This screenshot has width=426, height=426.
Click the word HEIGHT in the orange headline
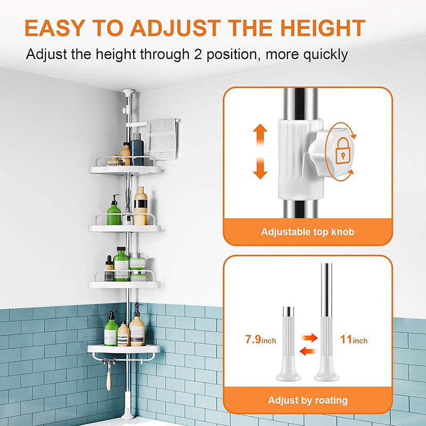coord(323,28)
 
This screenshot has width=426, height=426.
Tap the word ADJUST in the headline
coord(176,28)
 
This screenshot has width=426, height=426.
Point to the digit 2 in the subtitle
coord(198,54)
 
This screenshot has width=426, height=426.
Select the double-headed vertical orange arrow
coord(260,151)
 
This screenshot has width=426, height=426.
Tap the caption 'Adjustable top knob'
coord(308,232)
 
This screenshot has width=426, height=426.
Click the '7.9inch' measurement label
coord(260,339)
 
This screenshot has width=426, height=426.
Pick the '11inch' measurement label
coord(354,339)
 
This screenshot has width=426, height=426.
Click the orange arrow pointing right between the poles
coord(309,338)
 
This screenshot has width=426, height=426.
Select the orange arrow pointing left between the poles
coord(308,351)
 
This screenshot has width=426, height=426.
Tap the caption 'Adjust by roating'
coord(308,400)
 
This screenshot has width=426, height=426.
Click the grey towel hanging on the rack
coord(162,138)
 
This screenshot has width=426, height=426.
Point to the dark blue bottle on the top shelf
coord(137,149)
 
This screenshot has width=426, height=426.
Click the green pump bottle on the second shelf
coord(114,210)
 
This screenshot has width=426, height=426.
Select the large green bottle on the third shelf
coord(121,264)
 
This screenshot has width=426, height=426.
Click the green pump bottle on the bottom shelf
coord(111,329)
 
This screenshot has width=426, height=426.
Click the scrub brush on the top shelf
coord(115,161)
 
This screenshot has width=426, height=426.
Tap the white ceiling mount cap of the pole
coord(129,92)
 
